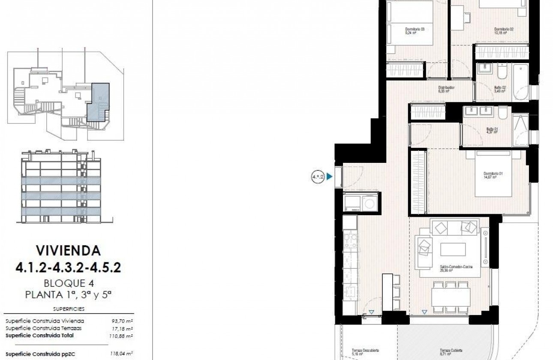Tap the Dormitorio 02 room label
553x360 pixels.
click(504, 30)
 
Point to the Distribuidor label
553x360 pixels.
click(446, 89)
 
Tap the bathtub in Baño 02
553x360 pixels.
click(521, 82)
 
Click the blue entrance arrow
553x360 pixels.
click(329, 176)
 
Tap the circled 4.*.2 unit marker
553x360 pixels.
click(318, 176)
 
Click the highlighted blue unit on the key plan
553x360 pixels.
click(98, 103)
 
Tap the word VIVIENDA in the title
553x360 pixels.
click(68, 250)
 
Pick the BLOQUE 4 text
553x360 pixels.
click(69, 283)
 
